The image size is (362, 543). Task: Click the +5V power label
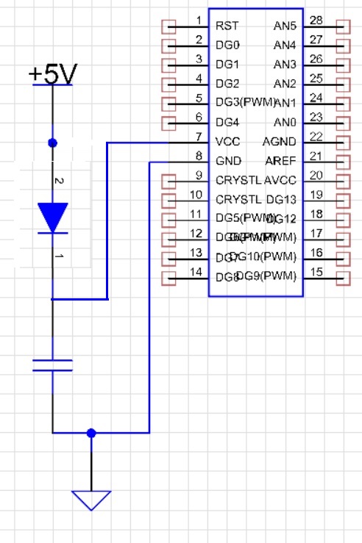tap(51, 74)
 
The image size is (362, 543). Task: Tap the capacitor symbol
tap(52, 365)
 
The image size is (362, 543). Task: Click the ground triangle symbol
tap(91, 500)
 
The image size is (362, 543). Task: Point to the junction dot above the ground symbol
tap(91, 434)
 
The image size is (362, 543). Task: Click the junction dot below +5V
tap(52, 143)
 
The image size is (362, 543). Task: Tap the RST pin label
tap(226, 26)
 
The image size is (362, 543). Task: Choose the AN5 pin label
tap(285, 26)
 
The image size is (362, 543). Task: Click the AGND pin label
tap(280, 142)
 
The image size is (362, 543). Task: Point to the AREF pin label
tap(280, 161)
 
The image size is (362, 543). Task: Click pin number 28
tap(316, 20)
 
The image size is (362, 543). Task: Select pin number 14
tap(196, 271)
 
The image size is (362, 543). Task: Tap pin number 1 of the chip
tap(199, 20)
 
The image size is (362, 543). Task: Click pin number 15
tap(316, 271)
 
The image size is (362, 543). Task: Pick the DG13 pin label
tap(281, 199)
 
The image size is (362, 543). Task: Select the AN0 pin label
tap(285, 123)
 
